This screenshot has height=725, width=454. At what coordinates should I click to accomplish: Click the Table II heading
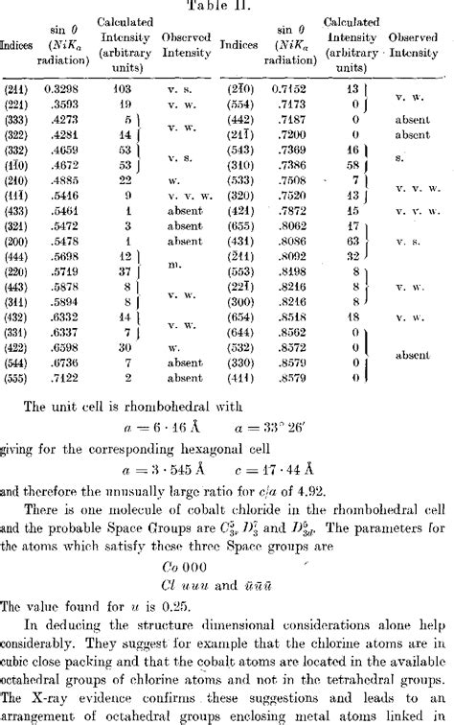point(227,6)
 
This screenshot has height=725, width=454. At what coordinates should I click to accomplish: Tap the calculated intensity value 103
point(119,87)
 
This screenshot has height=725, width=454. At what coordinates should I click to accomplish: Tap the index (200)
point(15,245)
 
